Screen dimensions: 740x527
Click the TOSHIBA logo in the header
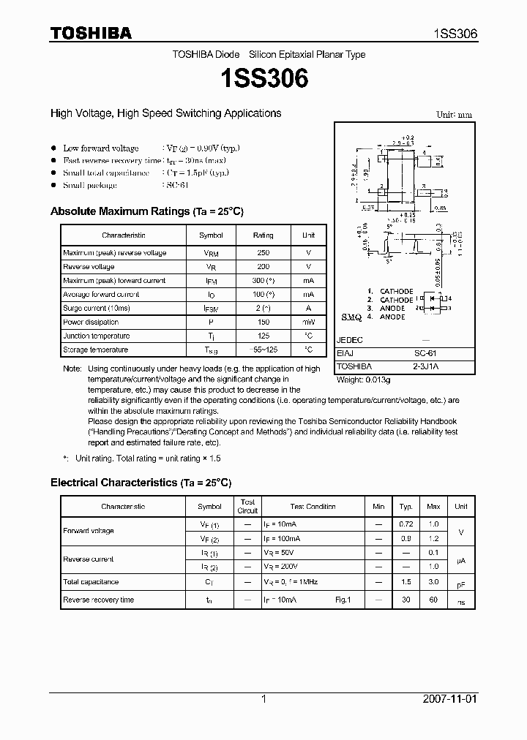(x=91, y=33)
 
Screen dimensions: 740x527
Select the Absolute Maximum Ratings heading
(x=146, y=211)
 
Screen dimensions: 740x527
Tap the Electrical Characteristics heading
(x=141, y=483)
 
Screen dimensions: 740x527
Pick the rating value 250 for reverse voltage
(x=263, y=253)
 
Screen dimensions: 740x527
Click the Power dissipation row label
(x=91, y=322)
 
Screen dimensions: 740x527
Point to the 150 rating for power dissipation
(x=263, y=322)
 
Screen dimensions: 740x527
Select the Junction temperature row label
(x=96, y=336)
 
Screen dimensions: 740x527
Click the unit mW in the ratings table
(x=308, y=322)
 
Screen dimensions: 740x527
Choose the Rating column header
(x=263, y=235)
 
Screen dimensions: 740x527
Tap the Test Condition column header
(x=313, y=507)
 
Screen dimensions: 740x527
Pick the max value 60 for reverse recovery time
(x=433, y=600)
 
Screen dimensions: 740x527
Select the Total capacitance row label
(x=91, y=582)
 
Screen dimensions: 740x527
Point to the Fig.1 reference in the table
(x=343, y=600)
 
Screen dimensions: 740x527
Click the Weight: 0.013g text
(x=364, y=380)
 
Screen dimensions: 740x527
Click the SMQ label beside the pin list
(x=352, y=320)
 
